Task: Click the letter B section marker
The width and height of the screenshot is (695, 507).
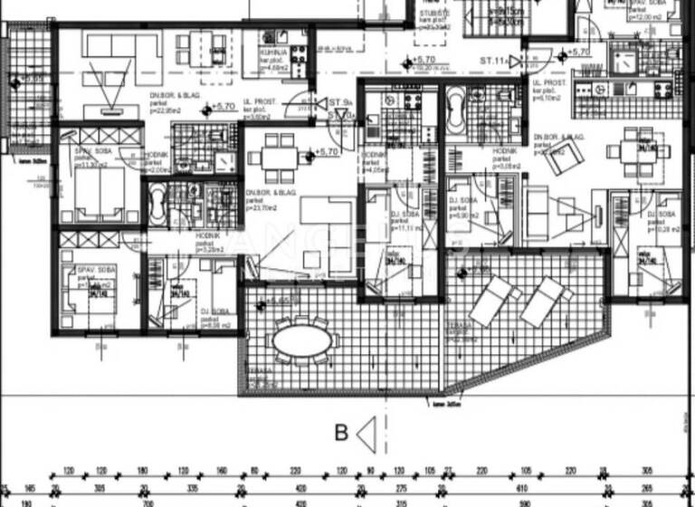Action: click(x=341, y=433)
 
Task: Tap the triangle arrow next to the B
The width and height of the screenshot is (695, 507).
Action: click(x=366, y=432)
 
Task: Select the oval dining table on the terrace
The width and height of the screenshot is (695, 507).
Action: click(x=301, y=340)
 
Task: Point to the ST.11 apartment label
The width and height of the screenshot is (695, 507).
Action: click(x=493, y=60)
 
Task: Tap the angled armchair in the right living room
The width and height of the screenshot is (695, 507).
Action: click(x=569, y=150)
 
